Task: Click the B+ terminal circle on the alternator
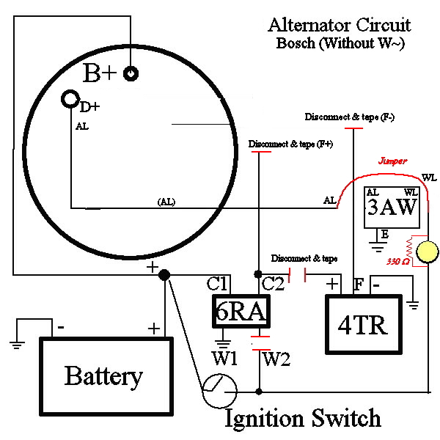[x=131, y=73]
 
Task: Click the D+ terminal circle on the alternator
[x=70, y=98]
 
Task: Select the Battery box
[x=103, y=375]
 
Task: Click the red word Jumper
[x=392, y=160]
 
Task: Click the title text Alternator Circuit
[x=340, y=25]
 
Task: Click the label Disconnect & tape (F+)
[x=291, y=144]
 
